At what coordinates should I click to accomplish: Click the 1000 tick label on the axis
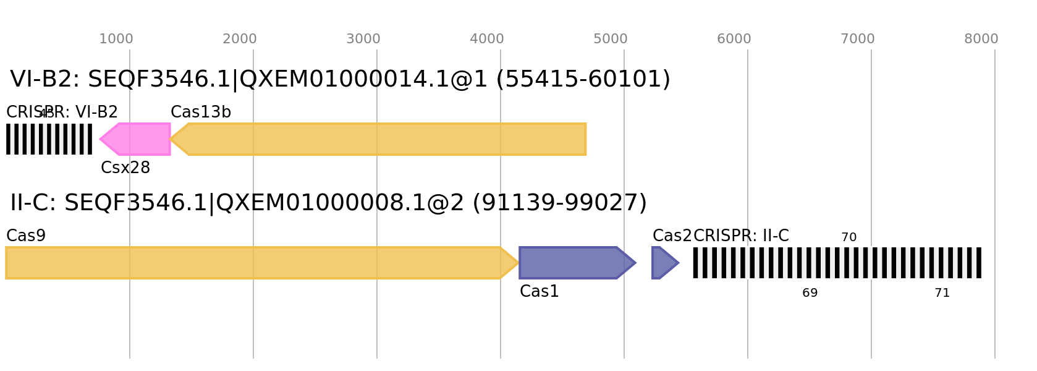point(116,39)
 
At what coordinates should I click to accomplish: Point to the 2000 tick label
point(240,39)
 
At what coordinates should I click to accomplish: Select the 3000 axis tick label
point(363,39)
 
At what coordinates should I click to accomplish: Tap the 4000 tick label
point(487,39)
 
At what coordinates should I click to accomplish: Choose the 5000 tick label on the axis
point(611,39)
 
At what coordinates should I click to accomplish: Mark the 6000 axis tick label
point(734,39)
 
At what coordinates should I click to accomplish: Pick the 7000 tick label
point(858,39)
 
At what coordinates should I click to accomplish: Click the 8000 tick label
point(981,39)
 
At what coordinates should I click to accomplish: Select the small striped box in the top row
point(49,139)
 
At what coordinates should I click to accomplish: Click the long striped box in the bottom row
point(837,263)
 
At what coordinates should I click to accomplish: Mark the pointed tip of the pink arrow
point(100,139)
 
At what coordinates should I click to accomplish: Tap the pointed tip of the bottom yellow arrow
point(518,263)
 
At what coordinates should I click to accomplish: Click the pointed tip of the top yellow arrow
point(171,139)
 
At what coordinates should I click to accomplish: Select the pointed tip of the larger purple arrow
point(636,263)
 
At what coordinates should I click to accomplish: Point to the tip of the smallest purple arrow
point(679,263)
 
